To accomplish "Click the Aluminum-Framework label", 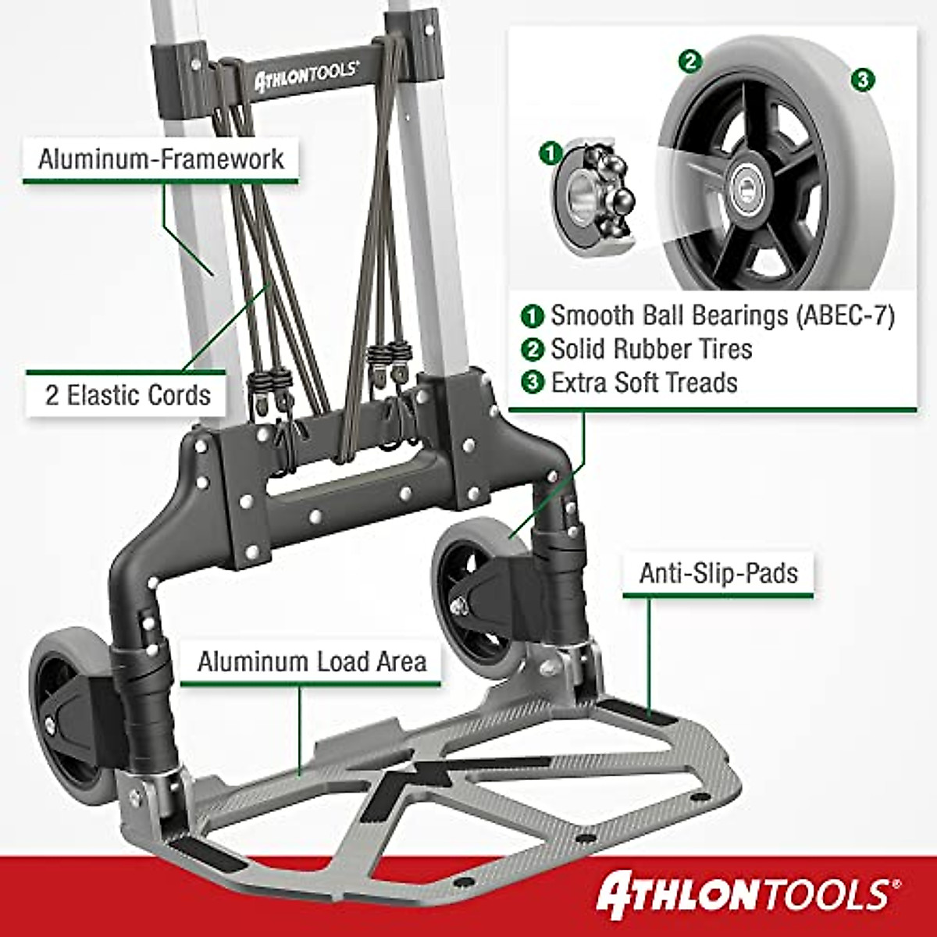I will pos(161,159).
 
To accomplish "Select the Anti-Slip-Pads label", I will pos(718,573).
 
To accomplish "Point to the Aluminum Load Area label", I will pos(312,661).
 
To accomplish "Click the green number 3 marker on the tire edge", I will pos(861,79).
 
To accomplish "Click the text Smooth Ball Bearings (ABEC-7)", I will pos(721,315).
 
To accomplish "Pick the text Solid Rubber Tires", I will pos(651,349).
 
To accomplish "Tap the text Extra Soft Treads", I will pos(643,383).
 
